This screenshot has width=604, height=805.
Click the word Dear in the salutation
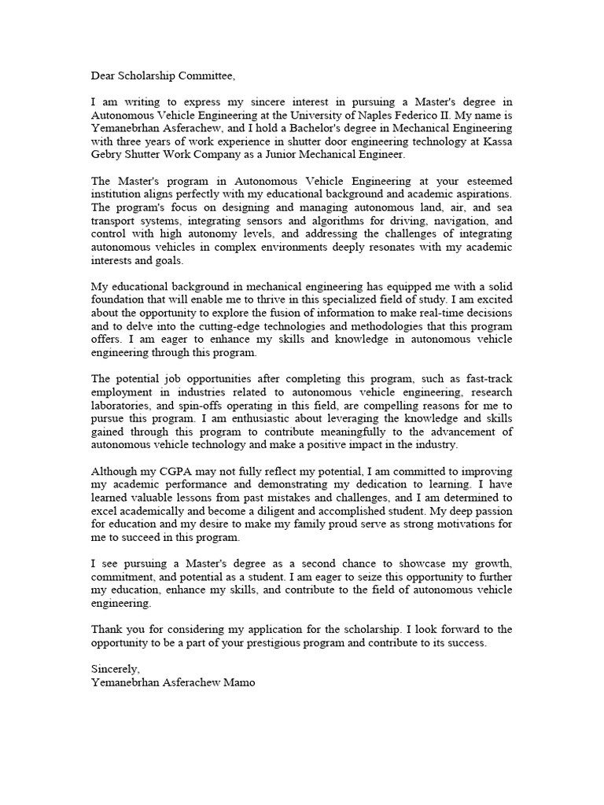tap(105, 76)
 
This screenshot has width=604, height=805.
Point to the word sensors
tap(268, 222)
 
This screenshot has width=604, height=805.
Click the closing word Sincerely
tap(115, 668)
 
